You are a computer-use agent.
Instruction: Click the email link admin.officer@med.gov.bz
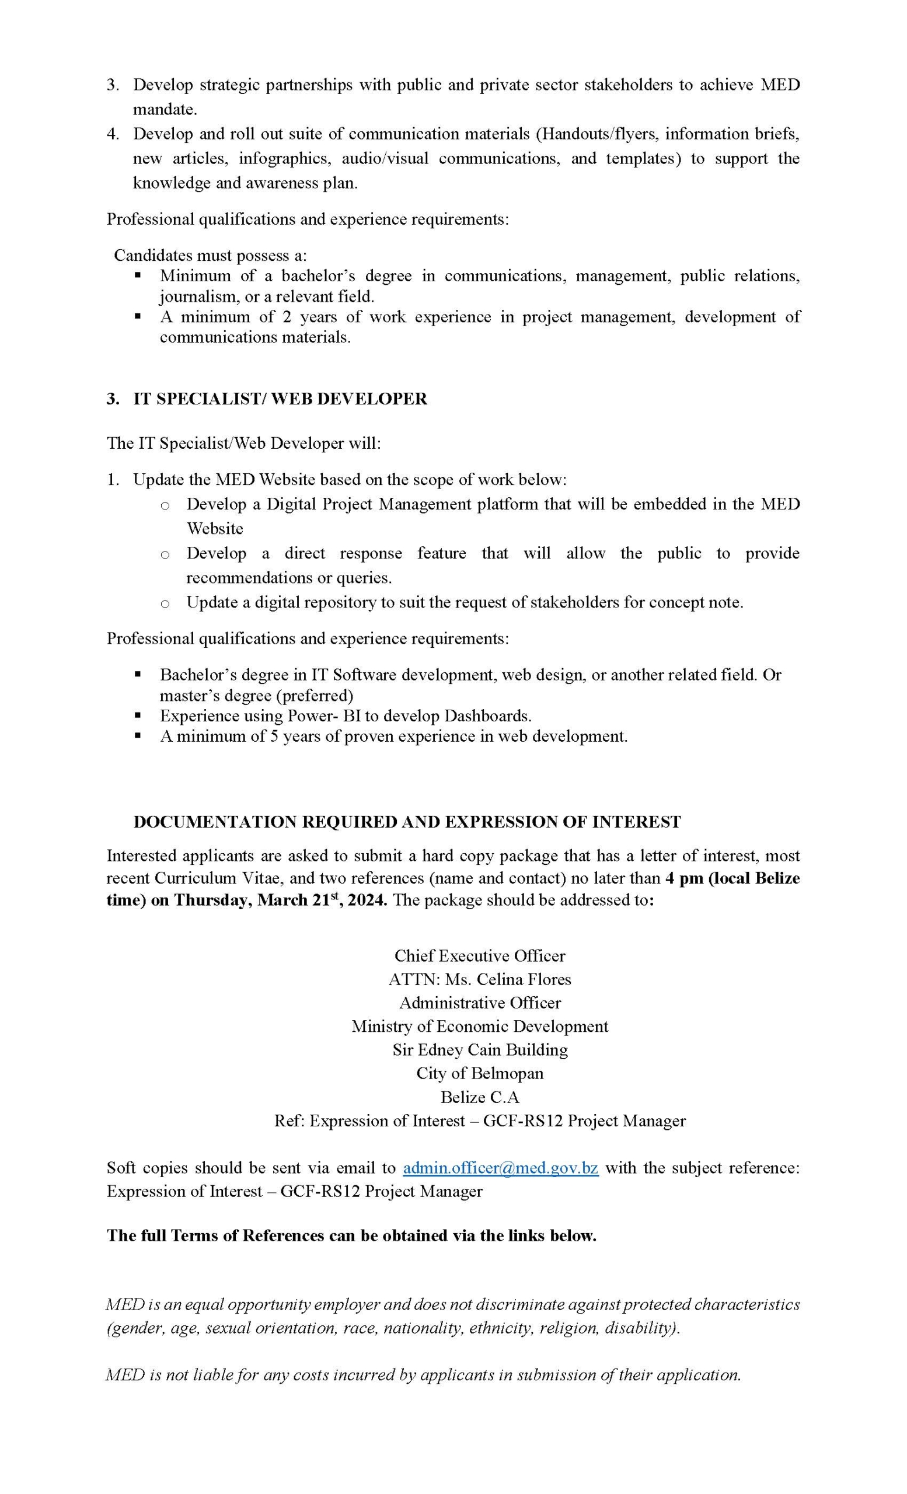coord(500,1168)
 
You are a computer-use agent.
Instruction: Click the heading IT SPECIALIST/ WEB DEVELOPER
coord(280,399)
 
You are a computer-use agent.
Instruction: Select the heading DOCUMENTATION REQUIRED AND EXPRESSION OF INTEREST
coord(407,822)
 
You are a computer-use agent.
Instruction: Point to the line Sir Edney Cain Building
coord(480,1049)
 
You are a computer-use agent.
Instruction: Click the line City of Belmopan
coord(480,1073)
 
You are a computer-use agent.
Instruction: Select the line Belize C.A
coord(480,1097)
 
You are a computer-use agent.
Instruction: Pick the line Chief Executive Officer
coord(480,956)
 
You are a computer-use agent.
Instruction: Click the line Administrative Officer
coord(480,1003)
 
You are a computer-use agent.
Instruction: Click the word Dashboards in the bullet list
coord(487,716)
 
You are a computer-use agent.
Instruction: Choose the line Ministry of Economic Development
coord(480,1026)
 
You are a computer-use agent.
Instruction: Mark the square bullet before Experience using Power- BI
coord(138,715)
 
